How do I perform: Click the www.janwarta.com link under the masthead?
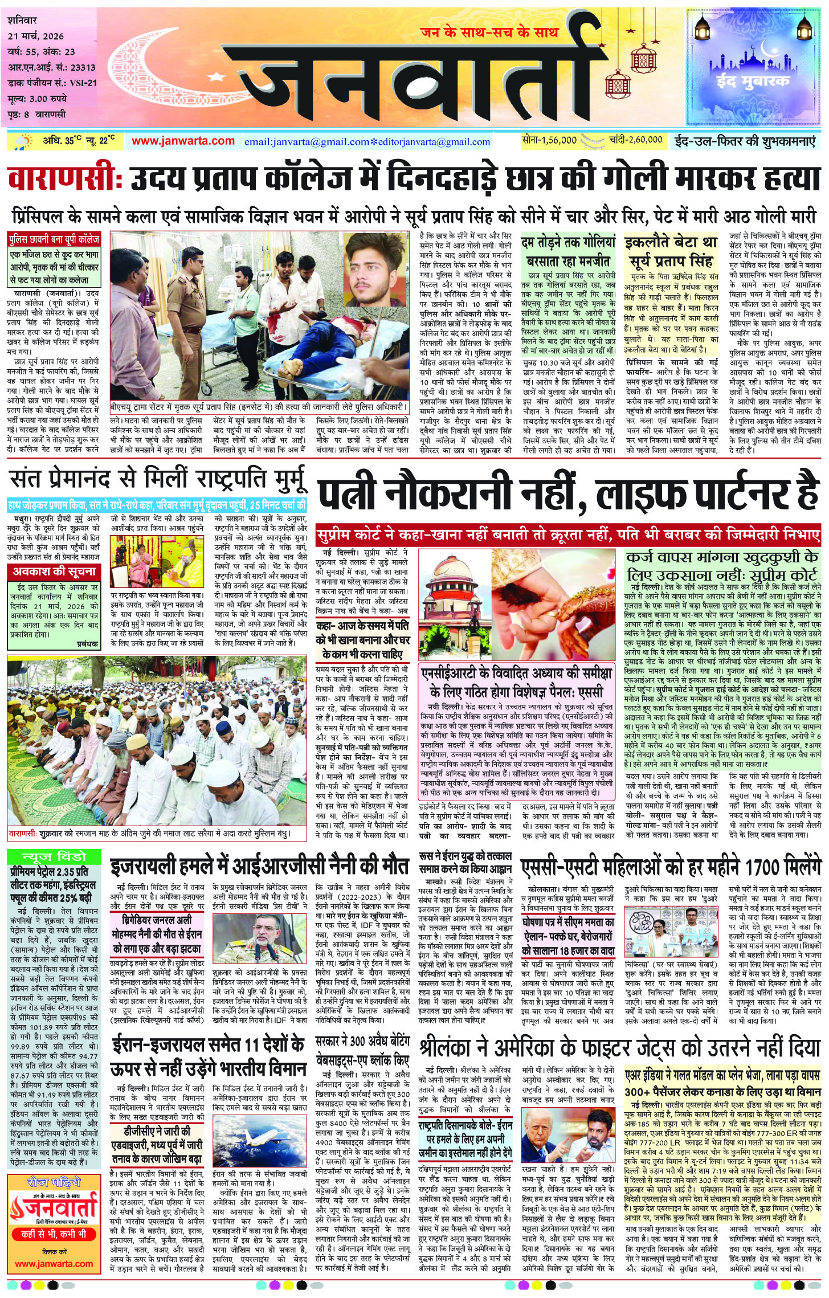point(183,141)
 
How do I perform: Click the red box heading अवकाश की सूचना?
point(54,572)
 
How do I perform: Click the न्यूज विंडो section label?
point(54,857)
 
